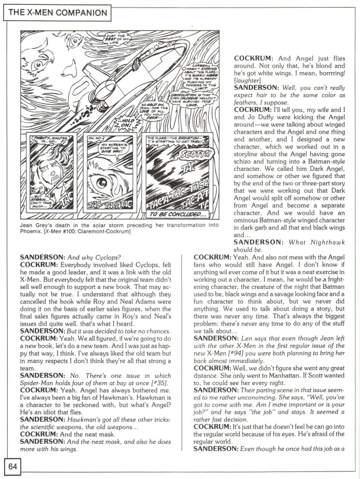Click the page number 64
tap(12, 466)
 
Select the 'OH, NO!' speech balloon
tap(95, 138)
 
